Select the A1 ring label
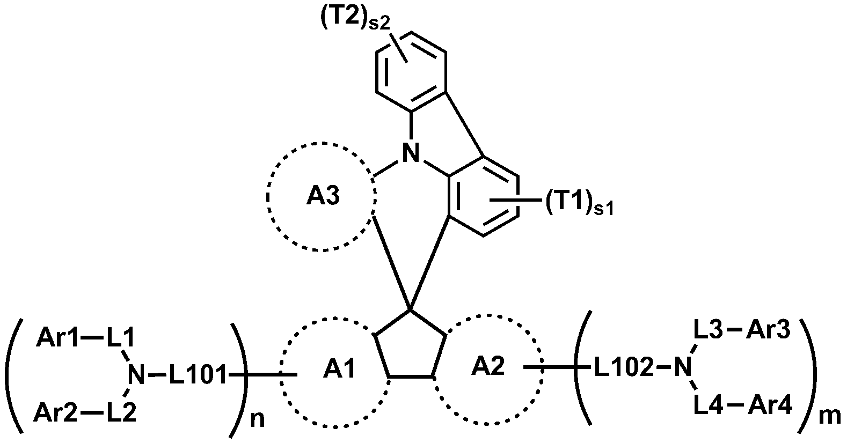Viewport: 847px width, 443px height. (x=339, y=370)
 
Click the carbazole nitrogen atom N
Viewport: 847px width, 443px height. (x=411, y=154)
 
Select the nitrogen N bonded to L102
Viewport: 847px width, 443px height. (x=682, y=368)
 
